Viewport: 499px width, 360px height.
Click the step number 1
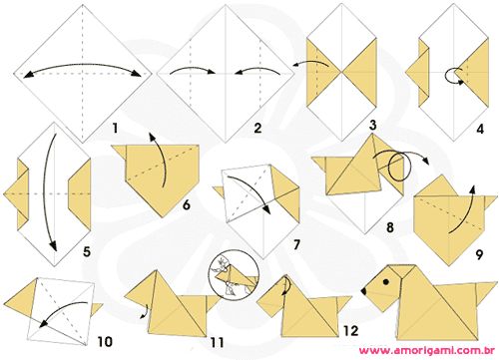[x=115, y=128]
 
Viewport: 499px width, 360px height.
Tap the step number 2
[x=257, y=128]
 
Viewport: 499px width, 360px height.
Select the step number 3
[x=372, y=126]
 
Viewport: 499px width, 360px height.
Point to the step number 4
[x=480, y=129]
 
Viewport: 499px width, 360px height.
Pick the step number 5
[x=87, y=251]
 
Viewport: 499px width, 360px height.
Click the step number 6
[x=187, y=204]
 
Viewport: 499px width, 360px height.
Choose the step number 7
[x=296, y=244]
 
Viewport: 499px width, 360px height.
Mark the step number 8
[x=390, y=227]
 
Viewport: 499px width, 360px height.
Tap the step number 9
[x=479, y=255]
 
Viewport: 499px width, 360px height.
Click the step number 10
[x=105, y=341]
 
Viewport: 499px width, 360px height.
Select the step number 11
[x=218, y=342]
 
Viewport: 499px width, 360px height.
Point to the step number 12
[x=351, y=331]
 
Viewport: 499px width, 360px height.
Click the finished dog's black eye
[x=386, y=282]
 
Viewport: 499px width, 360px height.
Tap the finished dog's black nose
[x=363, y=291]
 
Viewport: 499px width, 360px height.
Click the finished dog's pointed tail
[x=485, y=291]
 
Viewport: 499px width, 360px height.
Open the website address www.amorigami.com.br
[x=427, y=351]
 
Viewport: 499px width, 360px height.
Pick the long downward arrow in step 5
[x=46, y=192]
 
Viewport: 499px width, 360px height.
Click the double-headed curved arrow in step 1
[x=83, y=65]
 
